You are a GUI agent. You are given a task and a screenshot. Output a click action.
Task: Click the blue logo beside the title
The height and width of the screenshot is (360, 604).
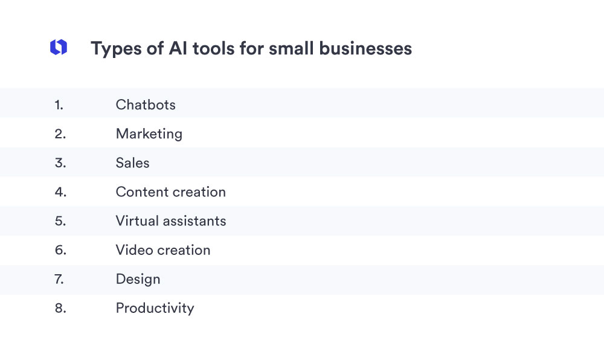59,48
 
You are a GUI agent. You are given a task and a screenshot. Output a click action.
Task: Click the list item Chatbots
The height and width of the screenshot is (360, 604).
146,104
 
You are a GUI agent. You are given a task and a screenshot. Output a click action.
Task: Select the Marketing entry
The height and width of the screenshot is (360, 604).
149,133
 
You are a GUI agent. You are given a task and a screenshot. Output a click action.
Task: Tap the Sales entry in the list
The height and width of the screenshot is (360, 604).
132,163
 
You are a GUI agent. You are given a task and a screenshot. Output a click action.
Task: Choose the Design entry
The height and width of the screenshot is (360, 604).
138,279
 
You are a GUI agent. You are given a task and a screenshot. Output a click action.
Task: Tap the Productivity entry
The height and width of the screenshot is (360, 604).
155,308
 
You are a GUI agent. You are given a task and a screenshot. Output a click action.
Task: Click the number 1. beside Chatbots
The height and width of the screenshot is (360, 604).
59,104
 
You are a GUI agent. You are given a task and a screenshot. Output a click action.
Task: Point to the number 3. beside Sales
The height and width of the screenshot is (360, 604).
60,163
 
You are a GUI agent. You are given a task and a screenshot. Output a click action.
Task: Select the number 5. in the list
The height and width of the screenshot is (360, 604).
60,221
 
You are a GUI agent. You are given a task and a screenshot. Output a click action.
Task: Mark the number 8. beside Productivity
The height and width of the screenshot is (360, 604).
60,308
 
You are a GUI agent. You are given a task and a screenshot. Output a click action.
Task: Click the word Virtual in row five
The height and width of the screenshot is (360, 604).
136,221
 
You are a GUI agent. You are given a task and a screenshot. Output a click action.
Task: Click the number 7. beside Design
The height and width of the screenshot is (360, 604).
60,279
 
